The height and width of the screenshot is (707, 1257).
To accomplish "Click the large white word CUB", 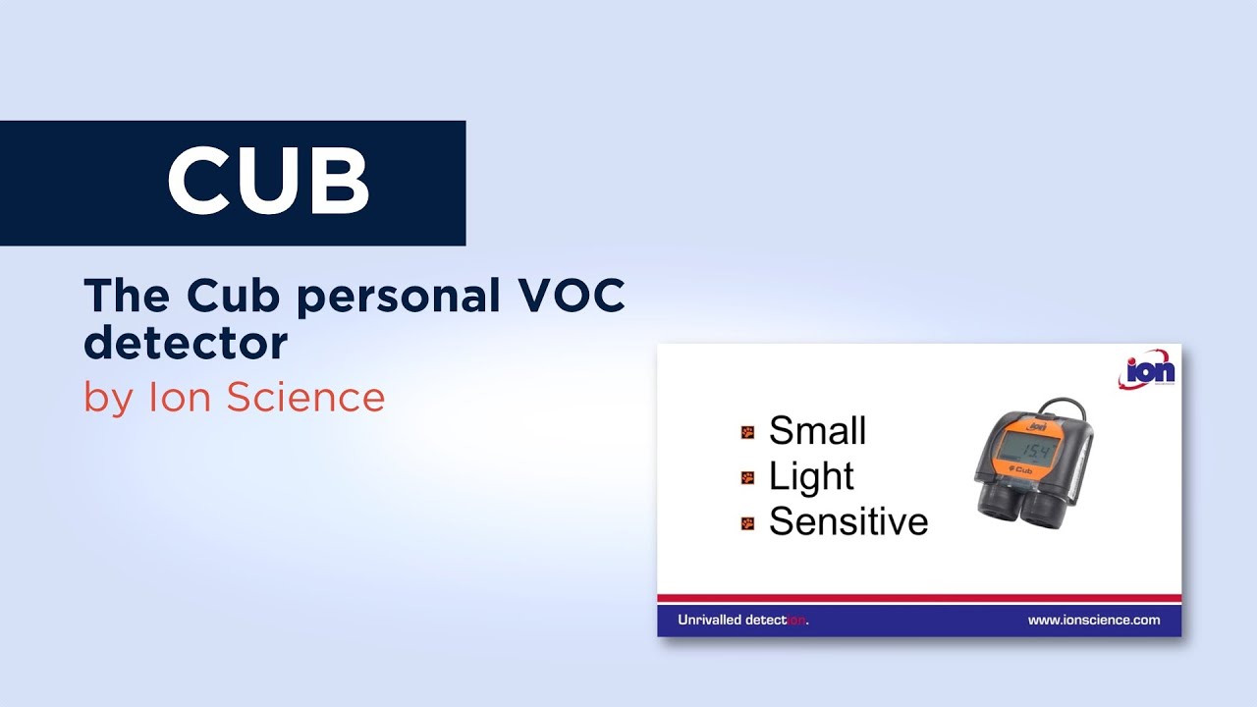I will click(x=268, y=182).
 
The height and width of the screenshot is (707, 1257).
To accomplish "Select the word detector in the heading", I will click(x=186, y=344).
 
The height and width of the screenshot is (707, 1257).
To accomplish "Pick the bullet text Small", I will click(x=817, y=431).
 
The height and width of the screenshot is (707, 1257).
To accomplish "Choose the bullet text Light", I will click(x=811, y=476).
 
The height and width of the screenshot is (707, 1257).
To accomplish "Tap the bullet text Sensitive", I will click(x=847, y=521).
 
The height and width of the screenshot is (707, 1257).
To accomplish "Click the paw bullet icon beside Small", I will click(x=748, y=432).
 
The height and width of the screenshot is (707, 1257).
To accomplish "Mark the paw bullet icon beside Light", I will click(x=748, y=478).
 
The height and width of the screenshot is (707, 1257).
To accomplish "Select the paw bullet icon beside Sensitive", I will click(x=748, y=523).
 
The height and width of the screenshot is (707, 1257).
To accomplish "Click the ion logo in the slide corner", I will click(x=1146, y=371).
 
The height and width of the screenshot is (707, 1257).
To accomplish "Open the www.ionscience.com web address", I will click(x=1093, y=621).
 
